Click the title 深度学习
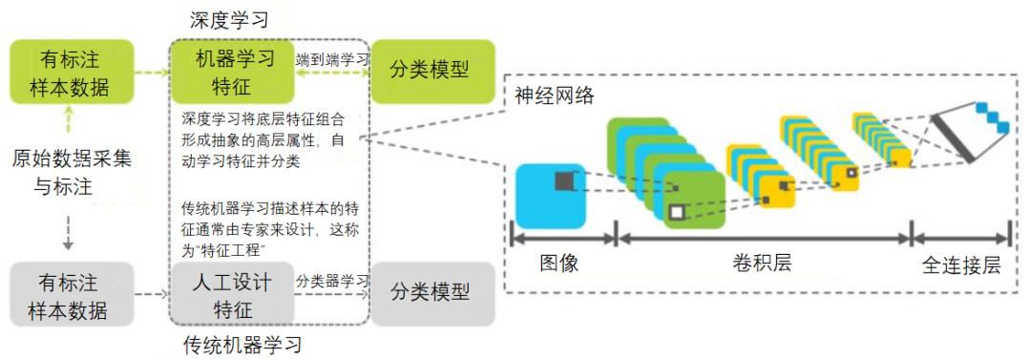click(230, 19)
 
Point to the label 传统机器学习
click(242, 345)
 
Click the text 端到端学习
click(331, 59)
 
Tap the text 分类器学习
click(331, 281)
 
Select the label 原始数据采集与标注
click(72, 172)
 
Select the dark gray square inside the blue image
click(563, 180)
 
